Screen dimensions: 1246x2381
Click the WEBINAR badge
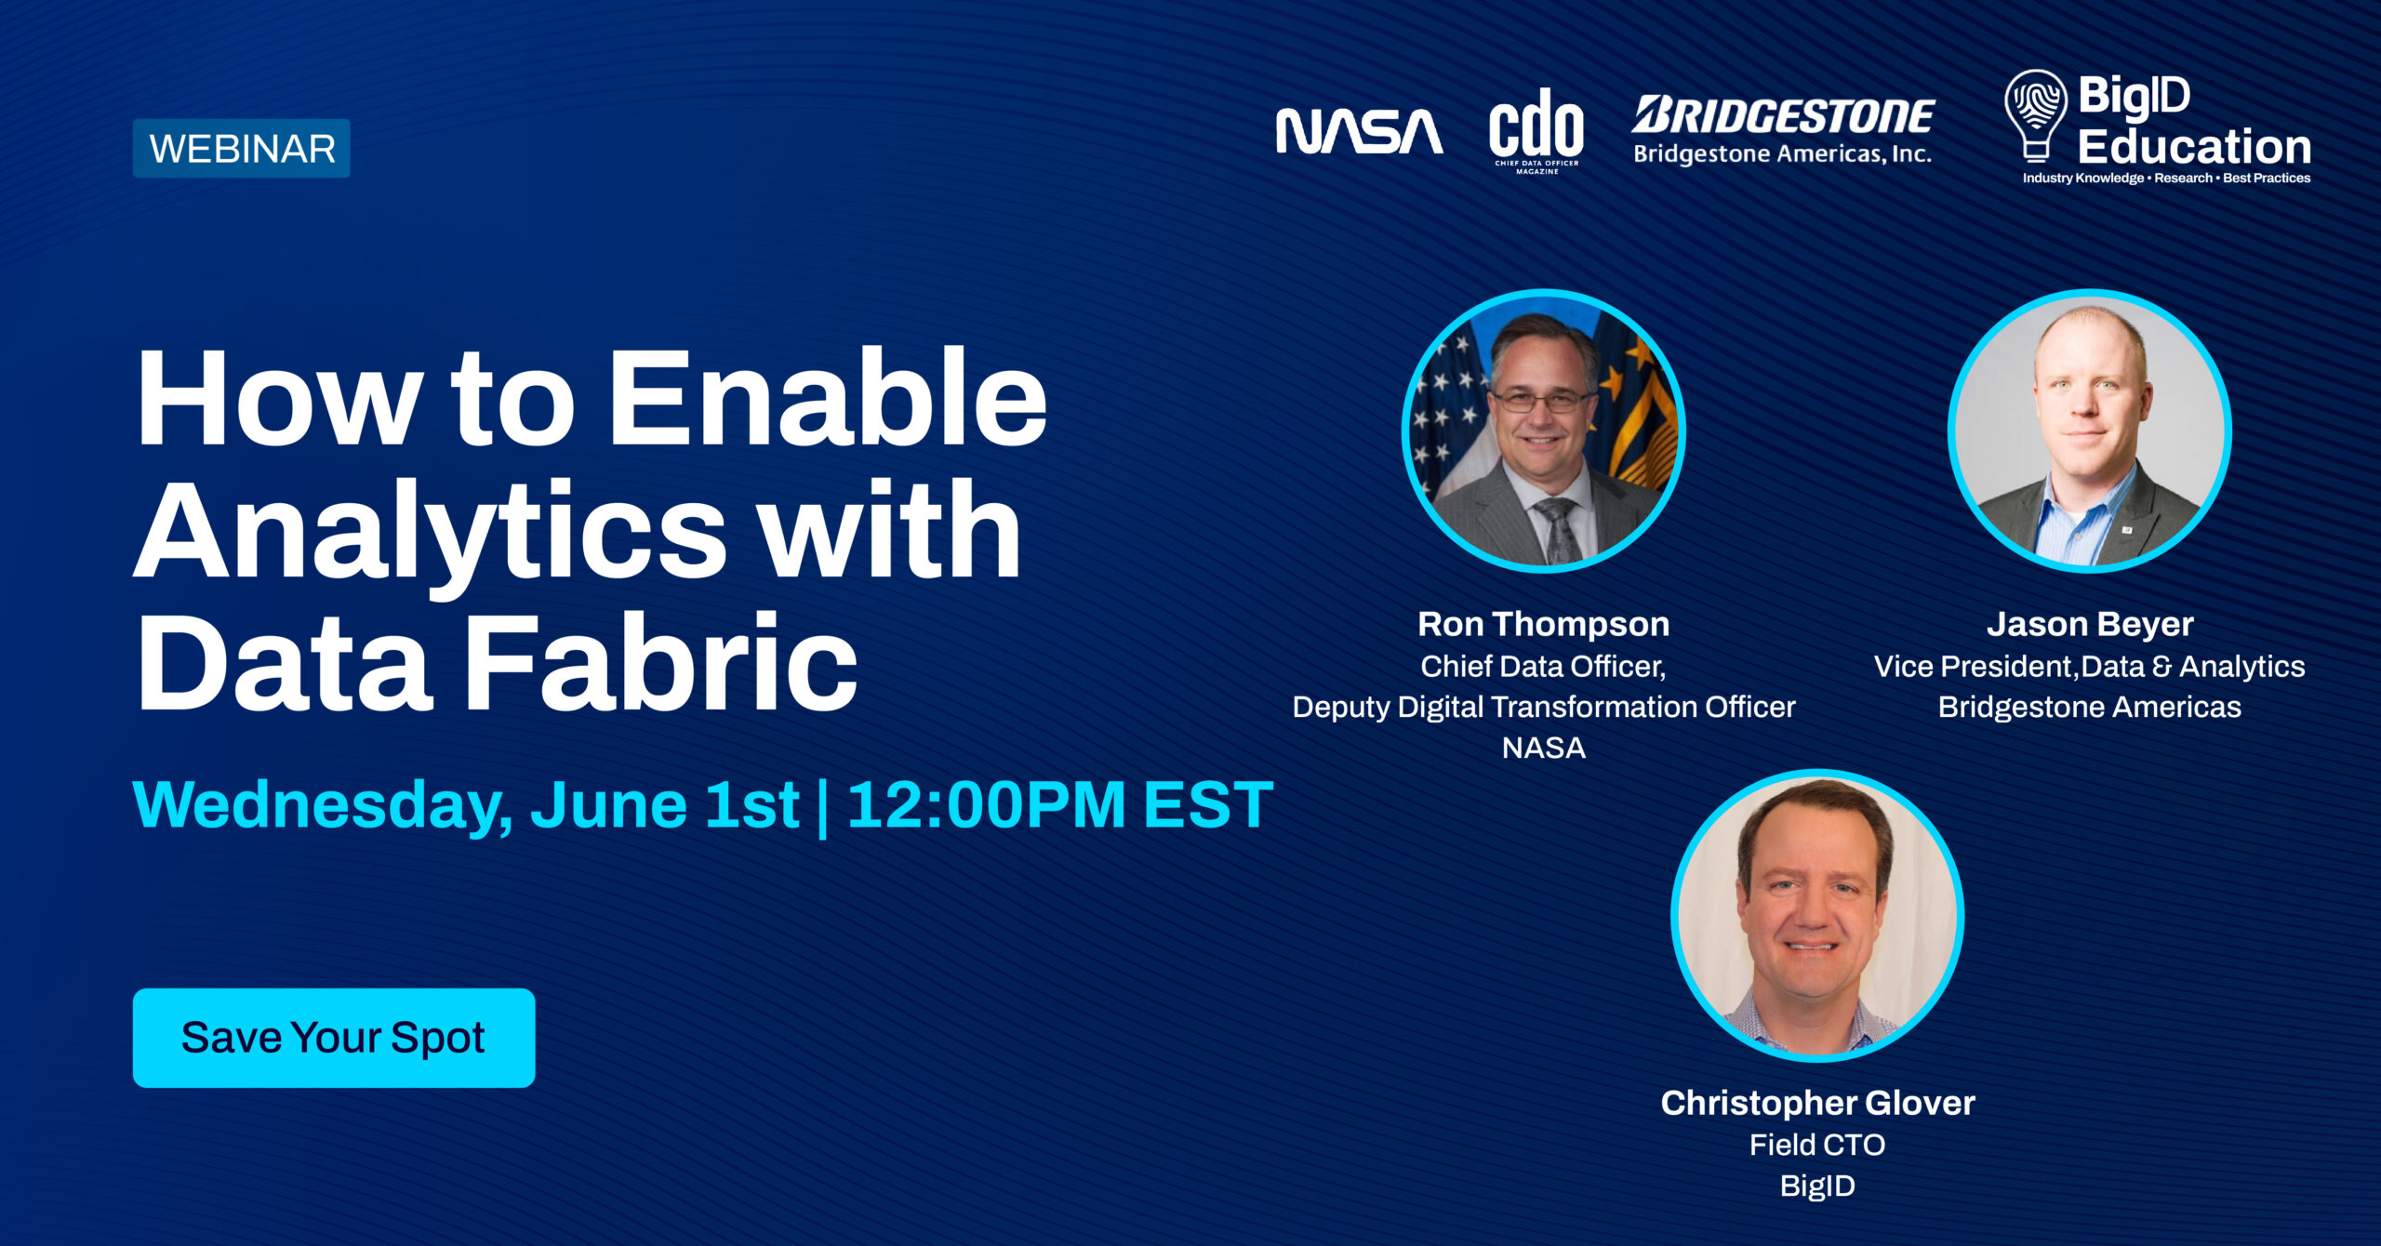coord(242,149)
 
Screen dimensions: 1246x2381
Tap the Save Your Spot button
coord(334,1038)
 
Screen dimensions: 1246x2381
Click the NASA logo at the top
coord(1359,131)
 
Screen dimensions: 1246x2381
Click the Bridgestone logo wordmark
coord(1783,116)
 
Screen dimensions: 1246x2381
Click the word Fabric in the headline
coord(660,664)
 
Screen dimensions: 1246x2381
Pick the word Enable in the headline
coord(827,400)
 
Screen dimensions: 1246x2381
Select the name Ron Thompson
coord(1543,624)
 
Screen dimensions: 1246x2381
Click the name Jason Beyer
coord(2090,624)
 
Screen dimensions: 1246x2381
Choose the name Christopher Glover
coord(1817,1103)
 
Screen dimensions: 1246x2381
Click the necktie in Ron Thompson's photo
coord(1557,529)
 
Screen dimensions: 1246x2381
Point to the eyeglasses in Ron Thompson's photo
coord(1541,401)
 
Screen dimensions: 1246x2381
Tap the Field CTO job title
coord(1817,1145)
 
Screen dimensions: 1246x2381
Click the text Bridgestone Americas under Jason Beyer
coord(2089,707)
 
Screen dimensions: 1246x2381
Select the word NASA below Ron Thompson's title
coord(1543,748)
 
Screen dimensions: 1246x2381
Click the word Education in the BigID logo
coord(2194,147)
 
